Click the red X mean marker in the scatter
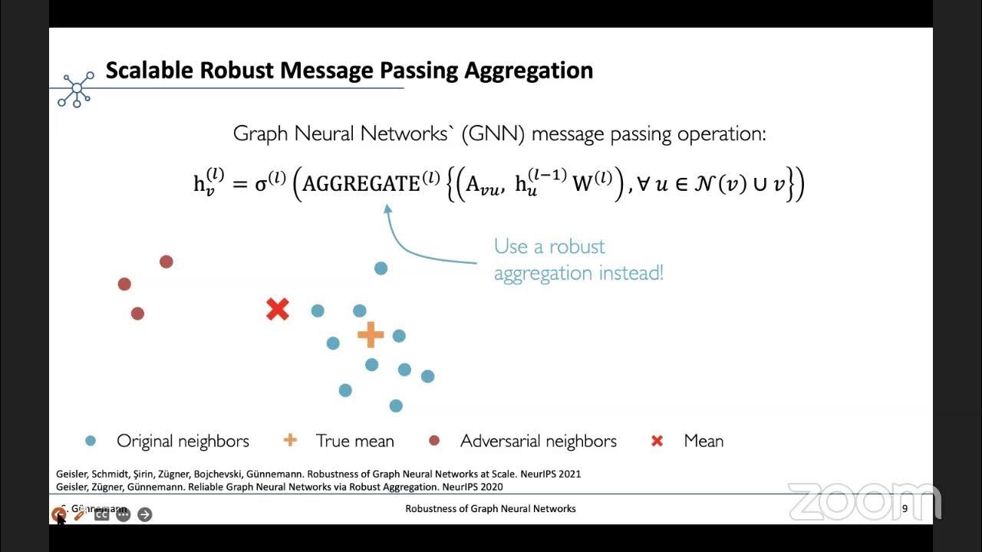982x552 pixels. pos(277,310)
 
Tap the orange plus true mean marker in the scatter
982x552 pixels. pos(371,334)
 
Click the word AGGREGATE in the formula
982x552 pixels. pos(361,184)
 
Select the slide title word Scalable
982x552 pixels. pos(150,71)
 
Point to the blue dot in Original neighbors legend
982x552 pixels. pos(91,441)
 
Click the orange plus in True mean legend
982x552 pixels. pos(290,440)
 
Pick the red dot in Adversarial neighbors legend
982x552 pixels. pos(434,441)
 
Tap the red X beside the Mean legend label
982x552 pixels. pos(657,441)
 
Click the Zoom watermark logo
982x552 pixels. pos(863,502)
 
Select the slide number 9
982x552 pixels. pos(905,509)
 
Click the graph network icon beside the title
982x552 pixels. pos(77,88)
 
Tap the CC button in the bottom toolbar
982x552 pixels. pos(101,514)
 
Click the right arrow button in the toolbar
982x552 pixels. pos(145,514)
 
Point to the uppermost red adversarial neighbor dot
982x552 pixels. pos(166,262)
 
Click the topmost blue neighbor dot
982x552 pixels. pos(381,268)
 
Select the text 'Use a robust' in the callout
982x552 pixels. pos(549,247)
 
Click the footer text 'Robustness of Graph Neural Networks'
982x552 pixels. pos(490,509)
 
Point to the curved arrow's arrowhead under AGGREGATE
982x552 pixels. pos(388,208)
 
